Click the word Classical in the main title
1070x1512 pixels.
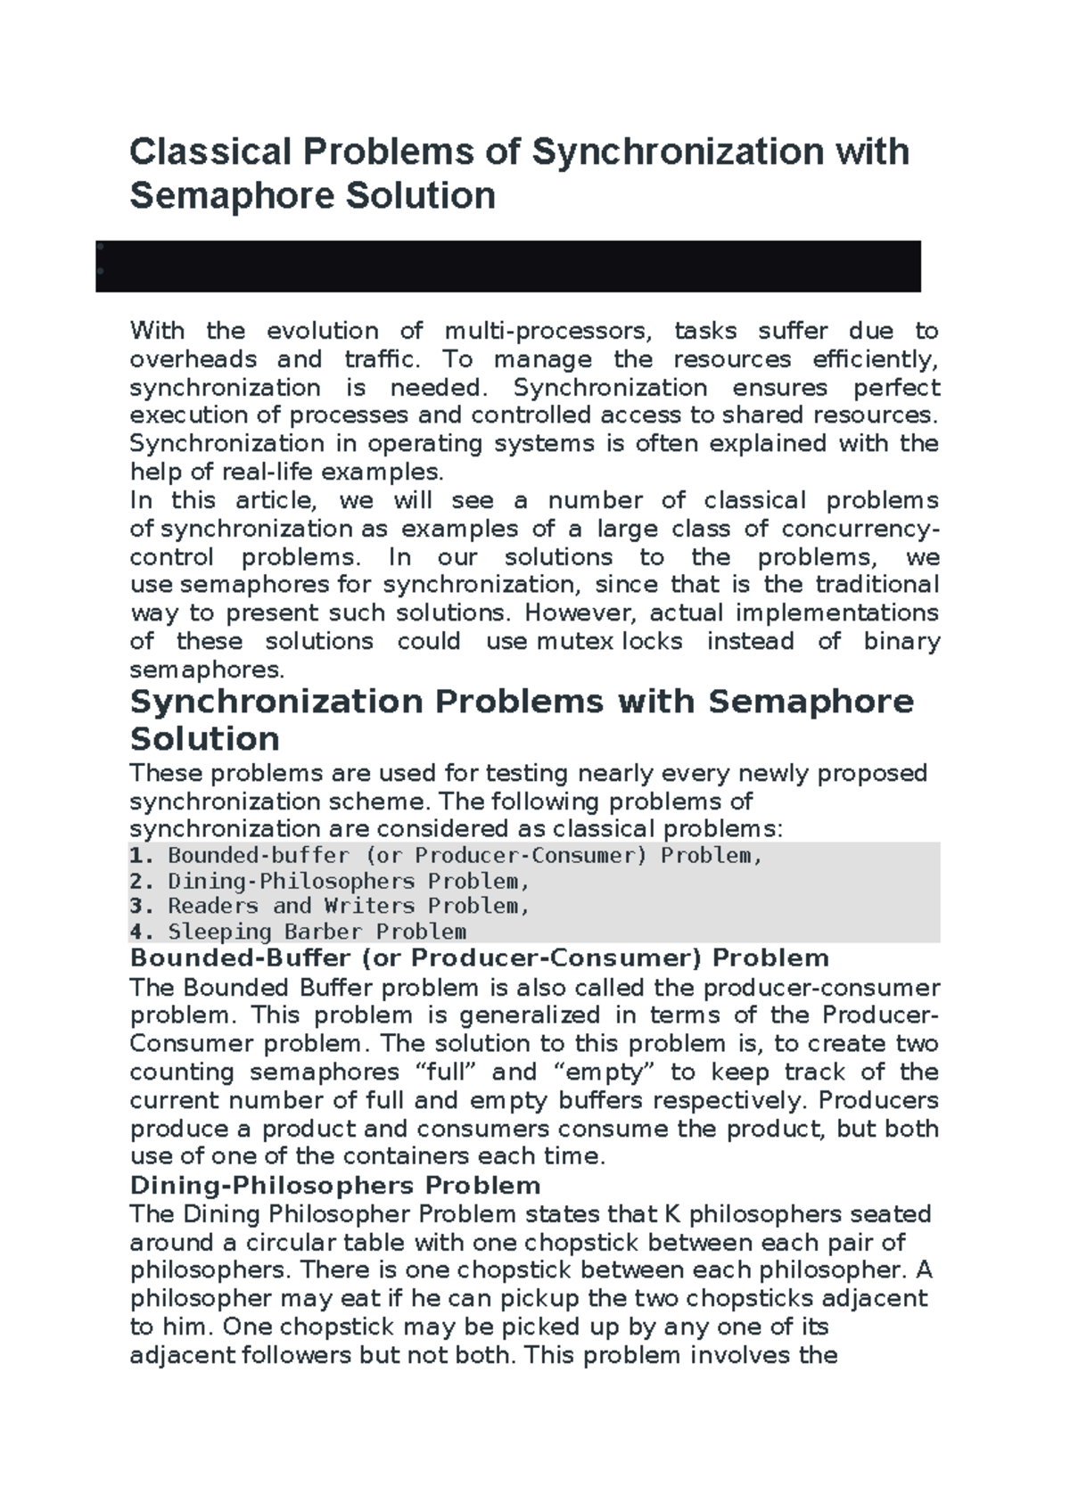[x=210, y=152]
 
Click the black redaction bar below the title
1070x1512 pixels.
[x=508, y=266]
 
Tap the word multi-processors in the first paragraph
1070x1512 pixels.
[x=547, y=332]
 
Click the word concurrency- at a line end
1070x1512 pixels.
[x=860, y=529]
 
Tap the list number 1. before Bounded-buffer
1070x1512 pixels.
[x=142, y=856]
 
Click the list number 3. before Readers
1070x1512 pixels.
[x=142, y=907]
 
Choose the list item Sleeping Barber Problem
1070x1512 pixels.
[x=317, y=933]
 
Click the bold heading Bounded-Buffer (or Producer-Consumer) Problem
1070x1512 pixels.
[x=480, y=958]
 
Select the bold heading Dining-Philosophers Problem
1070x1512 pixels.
[x=335, y=1186]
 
